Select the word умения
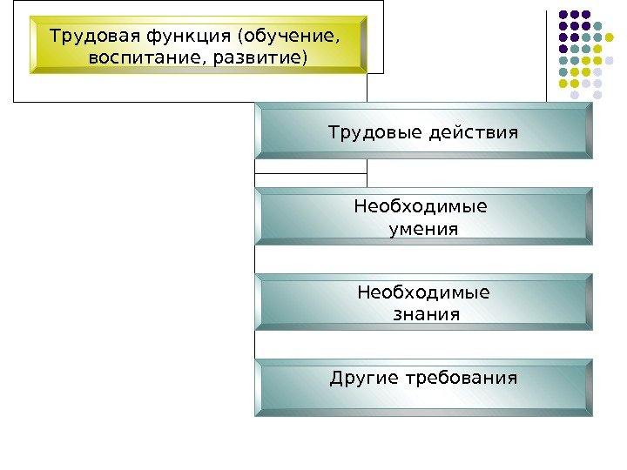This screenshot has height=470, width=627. (422, 230)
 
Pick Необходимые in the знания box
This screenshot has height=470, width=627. (422, 292)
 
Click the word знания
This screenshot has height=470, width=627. (423, 314)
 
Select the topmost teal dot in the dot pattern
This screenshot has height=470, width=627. (598, 26)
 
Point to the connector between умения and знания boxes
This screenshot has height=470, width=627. (255, 259)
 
